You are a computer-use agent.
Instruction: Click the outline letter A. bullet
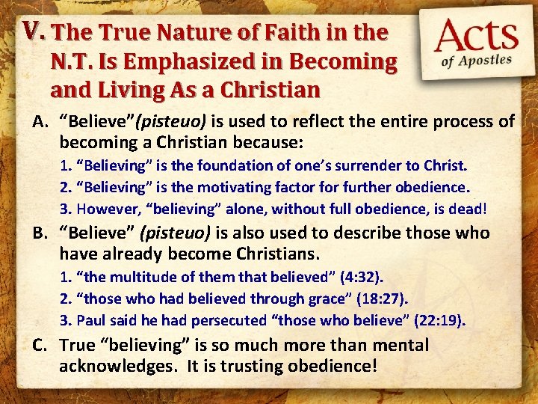40,121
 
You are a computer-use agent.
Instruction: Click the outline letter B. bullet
40,233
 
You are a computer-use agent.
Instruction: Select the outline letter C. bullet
40,345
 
